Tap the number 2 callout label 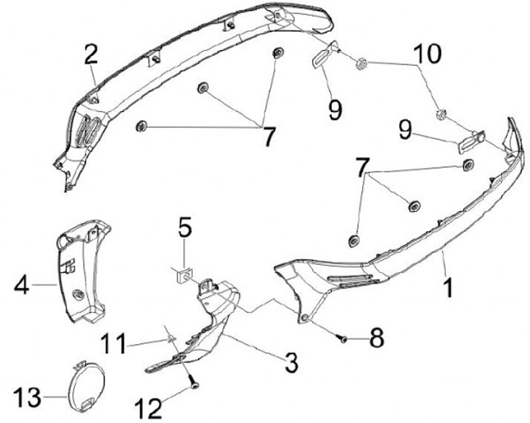click(x=91, y=53)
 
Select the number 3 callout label click(x=291, y=362)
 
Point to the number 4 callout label click(x=21, y=284)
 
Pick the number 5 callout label click(x=185, y=228)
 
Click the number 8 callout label click(x=376, y=338)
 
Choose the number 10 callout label click(x=427, y=54)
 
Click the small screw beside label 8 click(x=343, y=338)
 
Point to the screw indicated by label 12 click(x=192, y=382)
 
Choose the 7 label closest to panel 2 click(x=268, y=135)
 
